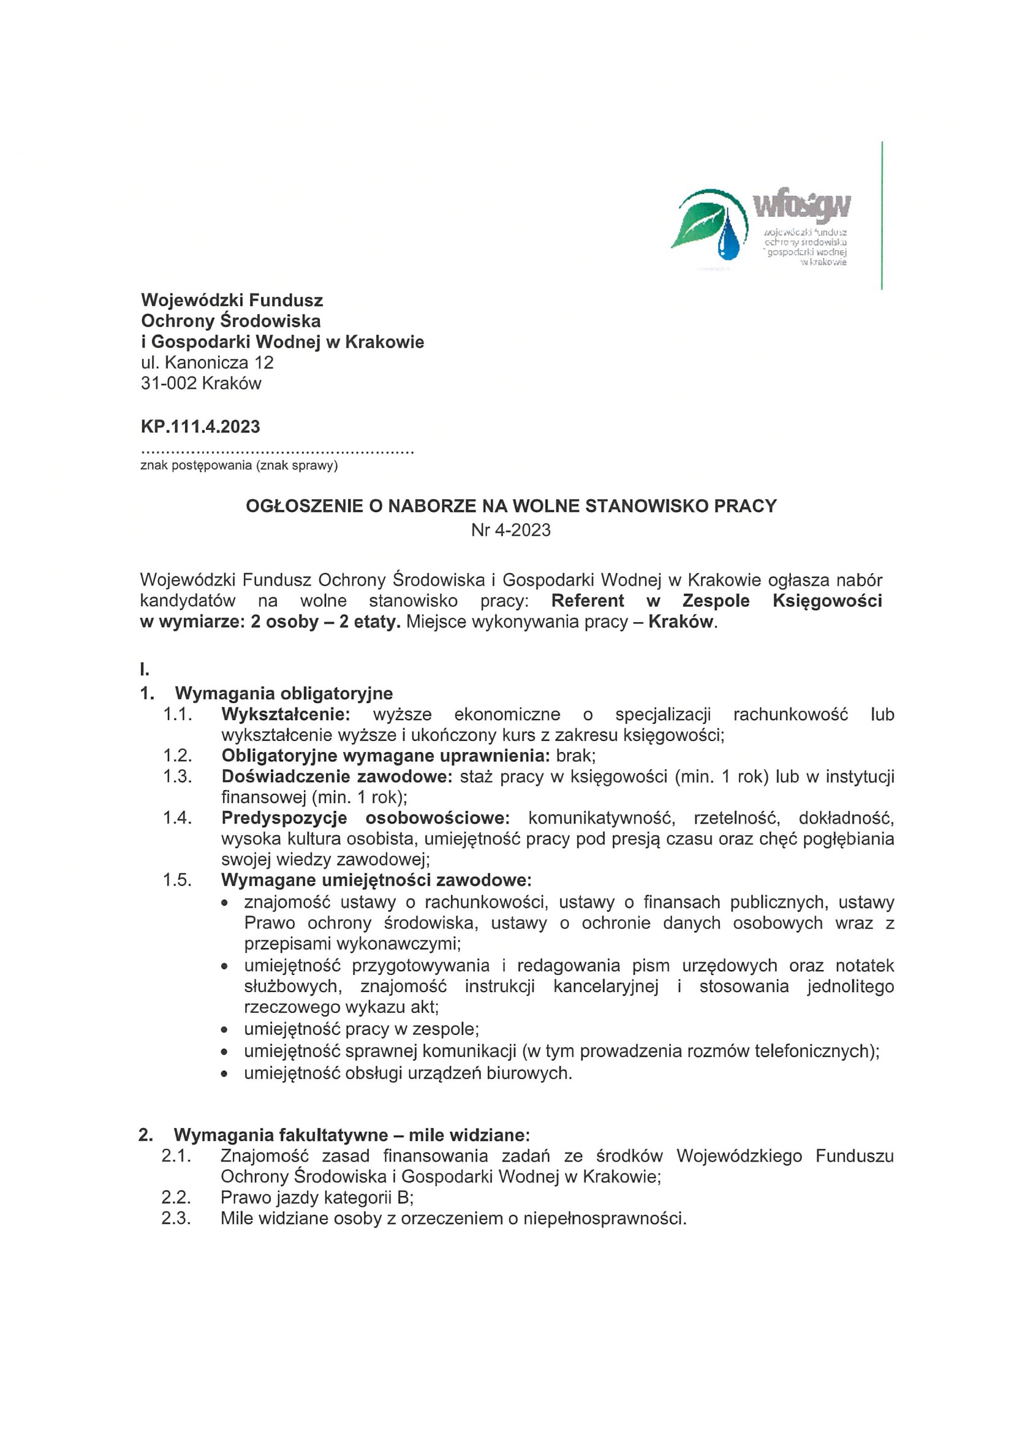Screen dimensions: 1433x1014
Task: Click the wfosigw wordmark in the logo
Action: click(802, 206)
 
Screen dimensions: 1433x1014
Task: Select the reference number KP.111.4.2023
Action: click(200, 427)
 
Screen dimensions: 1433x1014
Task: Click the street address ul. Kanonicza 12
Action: click(207, 363)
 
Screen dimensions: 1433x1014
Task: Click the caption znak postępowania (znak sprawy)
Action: click(239, 465)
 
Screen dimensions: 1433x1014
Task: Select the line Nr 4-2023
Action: click(511, 530)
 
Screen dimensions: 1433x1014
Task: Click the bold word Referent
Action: click(588, 601)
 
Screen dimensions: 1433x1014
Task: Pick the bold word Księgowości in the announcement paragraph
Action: click(827, 601)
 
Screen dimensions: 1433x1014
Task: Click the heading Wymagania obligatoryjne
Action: click(284, 693)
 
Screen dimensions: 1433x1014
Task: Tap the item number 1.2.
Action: click(177, 756)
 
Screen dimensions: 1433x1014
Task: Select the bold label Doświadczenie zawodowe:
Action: click(336, 777)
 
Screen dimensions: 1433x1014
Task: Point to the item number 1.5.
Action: click(177, 881)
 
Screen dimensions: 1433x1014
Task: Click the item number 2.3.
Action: click(176, 1218)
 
